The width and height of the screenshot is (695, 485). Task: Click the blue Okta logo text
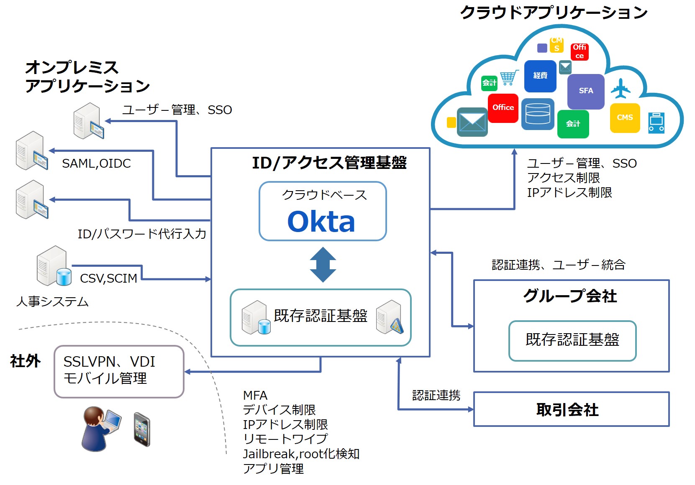tap(321, 222)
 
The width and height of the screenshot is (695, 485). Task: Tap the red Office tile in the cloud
tap(503, 108)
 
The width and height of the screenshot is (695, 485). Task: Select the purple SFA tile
tap(586, 91)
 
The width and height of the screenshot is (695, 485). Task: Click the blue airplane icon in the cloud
tap(621, 88)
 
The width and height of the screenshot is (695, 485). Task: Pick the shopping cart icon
tap(509, 78)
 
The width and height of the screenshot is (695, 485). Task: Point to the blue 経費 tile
tap(540, 76)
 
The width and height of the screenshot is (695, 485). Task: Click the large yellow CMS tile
tap(625, 118)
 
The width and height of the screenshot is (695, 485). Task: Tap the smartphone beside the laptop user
tap(142, 429)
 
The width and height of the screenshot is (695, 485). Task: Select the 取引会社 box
tap(571, 409)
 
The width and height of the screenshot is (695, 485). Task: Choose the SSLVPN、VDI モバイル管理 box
tap(119, 371)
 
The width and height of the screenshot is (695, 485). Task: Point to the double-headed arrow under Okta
tap(323, 265)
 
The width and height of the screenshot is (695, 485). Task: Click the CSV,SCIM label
tap(108, 278)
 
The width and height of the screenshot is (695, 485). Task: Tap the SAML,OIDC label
tap(96, 163)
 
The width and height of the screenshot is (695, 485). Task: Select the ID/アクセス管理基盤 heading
tap(329, 163)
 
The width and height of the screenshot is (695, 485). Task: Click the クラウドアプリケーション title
tap(553, 13)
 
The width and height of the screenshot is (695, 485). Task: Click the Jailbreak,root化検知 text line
tap(301, 454)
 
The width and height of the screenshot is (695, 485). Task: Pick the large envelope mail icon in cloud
tap(472, 122)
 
